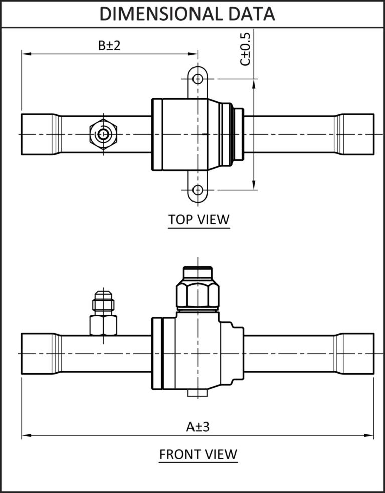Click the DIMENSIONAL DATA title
[187, 14]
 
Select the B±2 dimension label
[109, 46]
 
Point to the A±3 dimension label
[198, 427]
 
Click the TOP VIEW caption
[199, 220]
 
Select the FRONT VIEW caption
[198, 454]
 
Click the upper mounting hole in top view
[198, 79]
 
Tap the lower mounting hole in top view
[198, 190]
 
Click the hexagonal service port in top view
[103, 134]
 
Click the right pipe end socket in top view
[355, 134]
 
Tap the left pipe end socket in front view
[40, 353]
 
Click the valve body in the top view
[185, 134]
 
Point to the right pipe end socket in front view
[355, 353]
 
